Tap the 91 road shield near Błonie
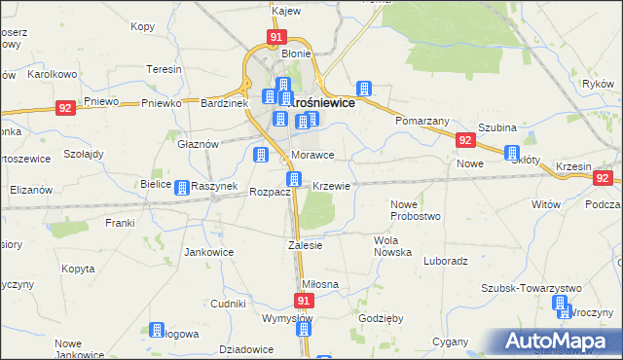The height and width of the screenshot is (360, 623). (x=276, y=38)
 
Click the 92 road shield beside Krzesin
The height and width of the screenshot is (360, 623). (x=604, y=178)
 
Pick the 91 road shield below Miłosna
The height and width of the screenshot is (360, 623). (x=303, y=303)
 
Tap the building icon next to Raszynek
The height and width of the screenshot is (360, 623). (x=180, y=185)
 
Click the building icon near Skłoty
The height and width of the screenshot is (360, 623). (x=512, y=152)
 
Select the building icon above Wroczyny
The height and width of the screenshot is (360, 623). (x=561, y=304)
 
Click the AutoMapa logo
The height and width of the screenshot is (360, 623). (x=557, y=342)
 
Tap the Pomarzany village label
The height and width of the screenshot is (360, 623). (x=421, y=121)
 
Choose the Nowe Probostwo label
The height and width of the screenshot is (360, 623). (x=416, y=210)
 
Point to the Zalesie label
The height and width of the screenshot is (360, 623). (x=305, y=245)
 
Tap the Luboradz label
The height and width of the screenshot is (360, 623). (x=447, y=261)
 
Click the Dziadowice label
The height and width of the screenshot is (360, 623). (x=245, y=349)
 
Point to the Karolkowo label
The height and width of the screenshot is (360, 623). (x=53, y=73)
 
